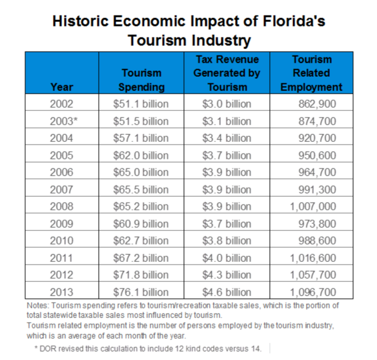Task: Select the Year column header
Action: coord(61,87)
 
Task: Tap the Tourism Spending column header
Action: coord(141,80)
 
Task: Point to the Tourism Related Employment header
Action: coord(311,73)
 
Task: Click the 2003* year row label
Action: coord(61,121)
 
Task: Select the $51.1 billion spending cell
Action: coord(141,104)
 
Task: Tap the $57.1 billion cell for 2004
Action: coord(141,138)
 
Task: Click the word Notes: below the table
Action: coord(39,305)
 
